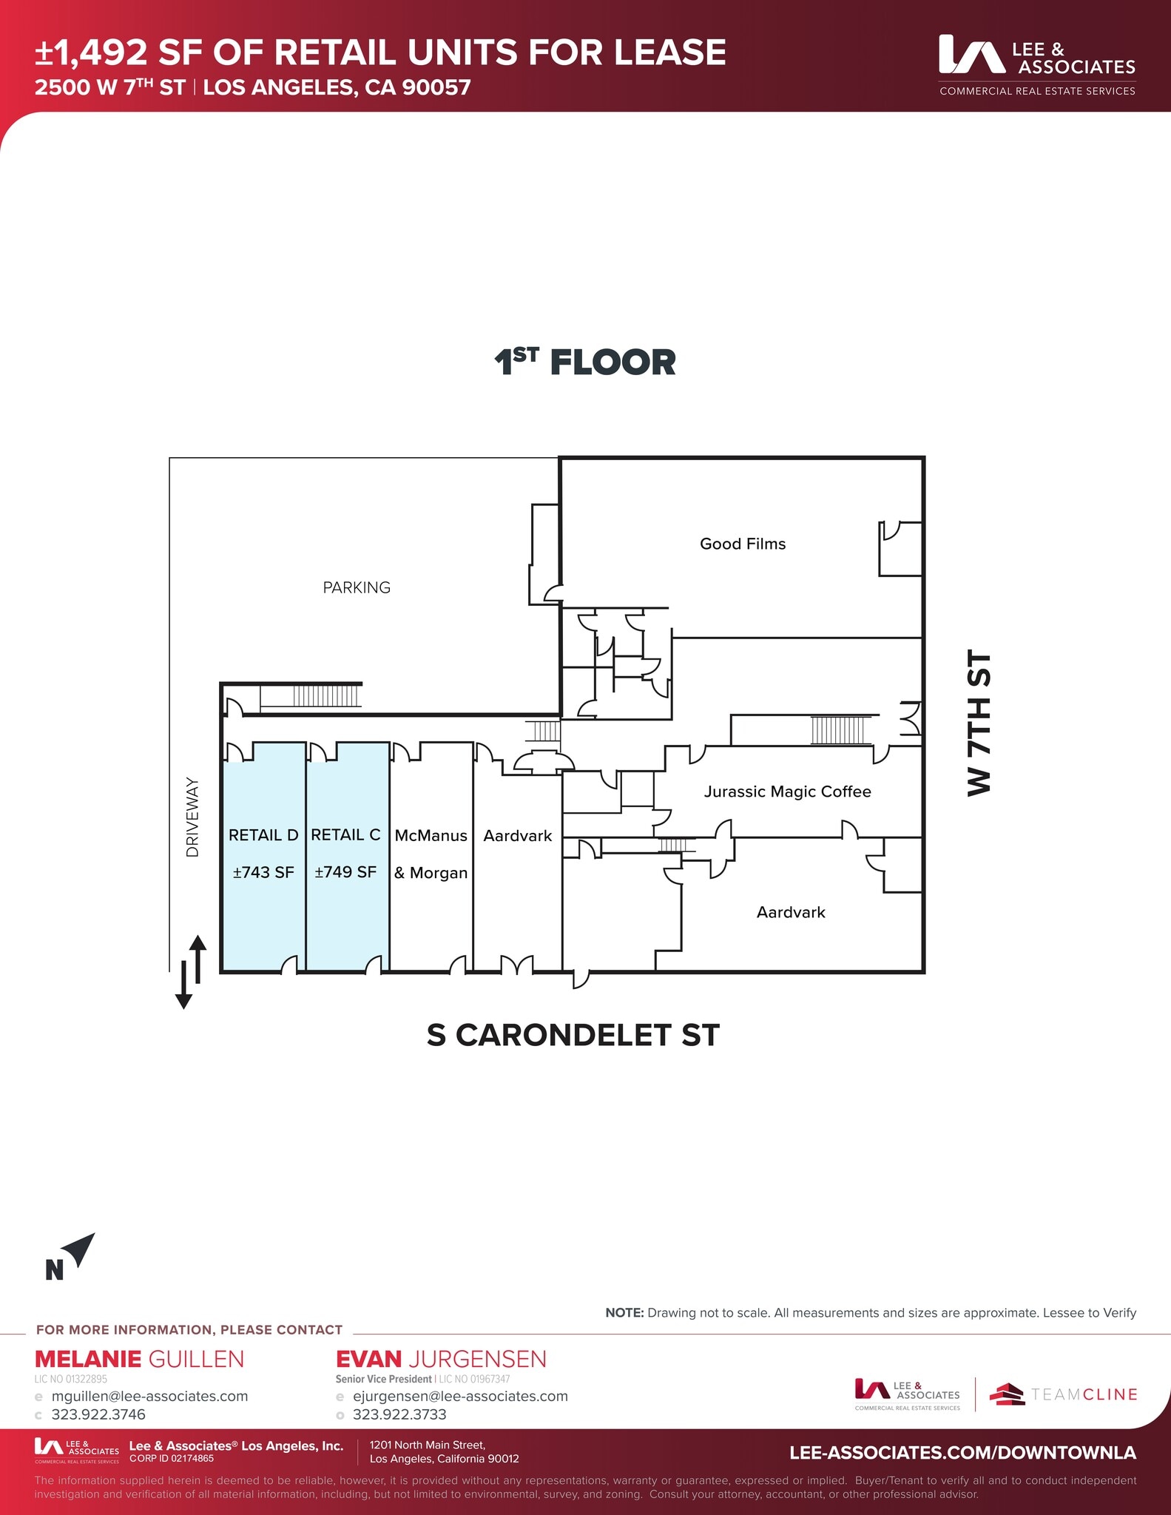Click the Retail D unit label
263,835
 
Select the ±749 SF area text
345,872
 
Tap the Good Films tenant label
743,544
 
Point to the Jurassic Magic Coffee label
787,792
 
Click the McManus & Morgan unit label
431,854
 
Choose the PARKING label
357,587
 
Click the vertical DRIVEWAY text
193,817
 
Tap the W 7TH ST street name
979,723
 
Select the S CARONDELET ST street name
573,1035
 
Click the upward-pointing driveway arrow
198,957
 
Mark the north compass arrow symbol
79,1249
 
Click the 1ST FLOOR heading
584,362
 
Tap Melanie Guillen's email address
149,1396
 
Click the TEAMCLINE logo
1063,1394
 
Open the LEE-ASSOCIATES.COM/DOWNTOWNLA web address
962,1452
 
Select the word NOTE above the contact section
624,1312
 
